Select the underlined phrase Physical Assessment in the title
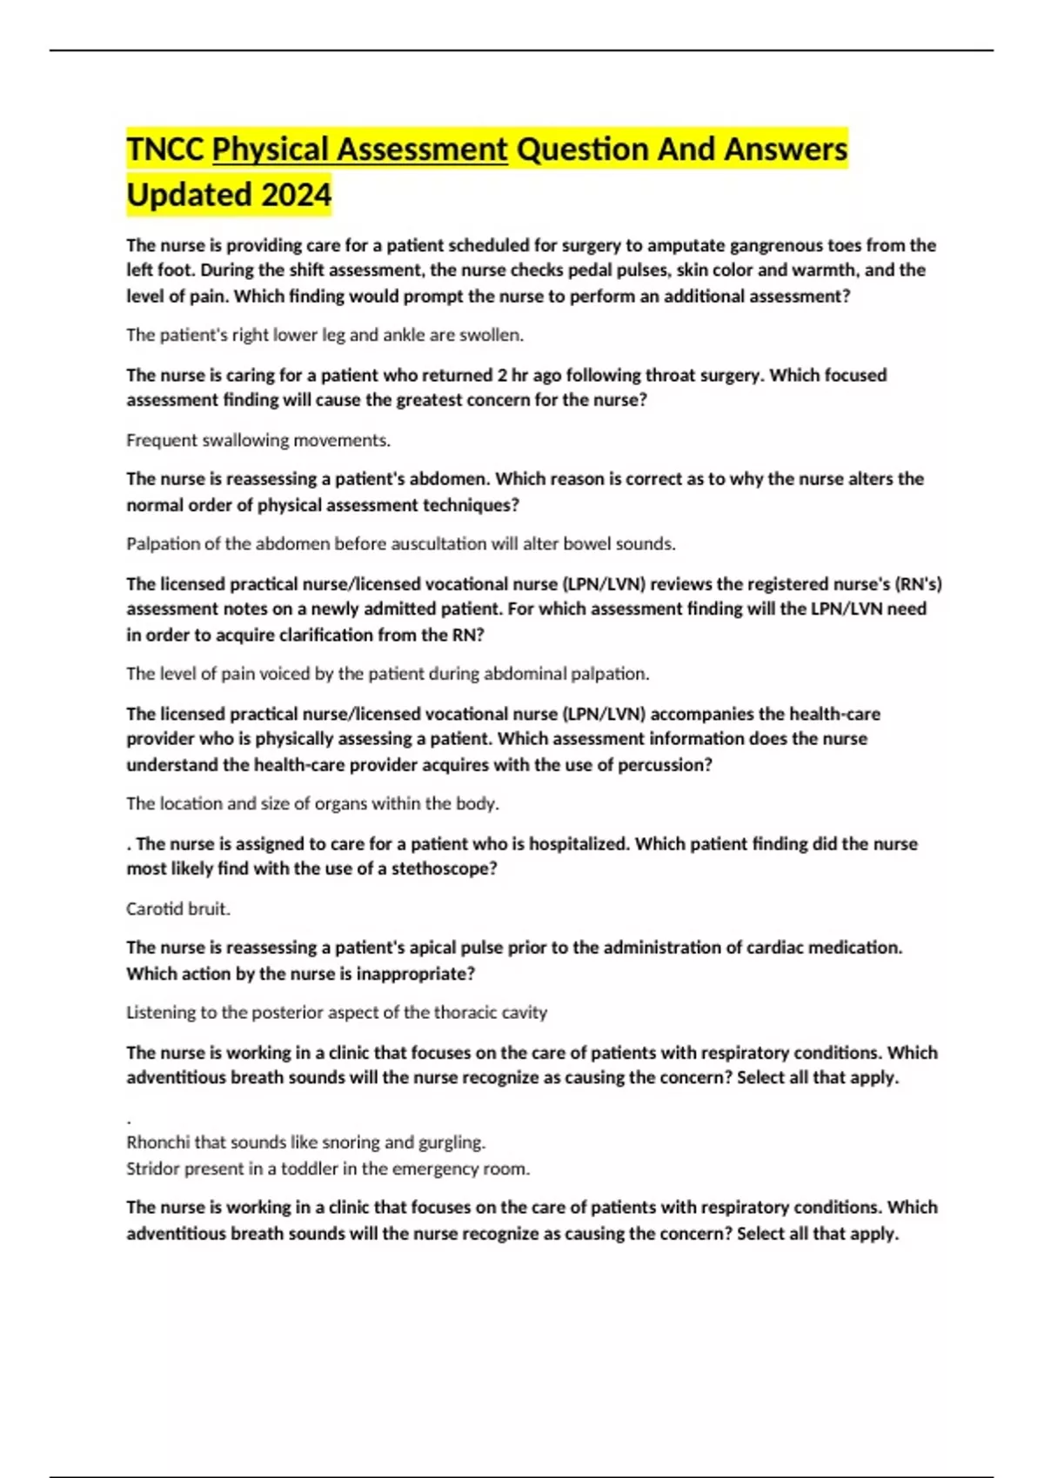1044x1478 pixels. point(360,150)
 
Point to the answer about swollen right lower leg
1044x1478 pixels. point(325,335)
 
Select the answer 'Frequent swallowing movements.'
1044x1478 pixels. point(258,440)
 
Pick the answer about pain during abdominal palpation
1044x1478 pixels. point(387,673)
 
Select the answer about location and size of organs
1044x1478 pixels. point(312,803)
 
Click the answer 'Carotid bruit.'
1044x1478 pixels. point(178,909)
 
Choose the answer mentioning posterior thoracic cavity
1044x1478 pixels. point(337,1012)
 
